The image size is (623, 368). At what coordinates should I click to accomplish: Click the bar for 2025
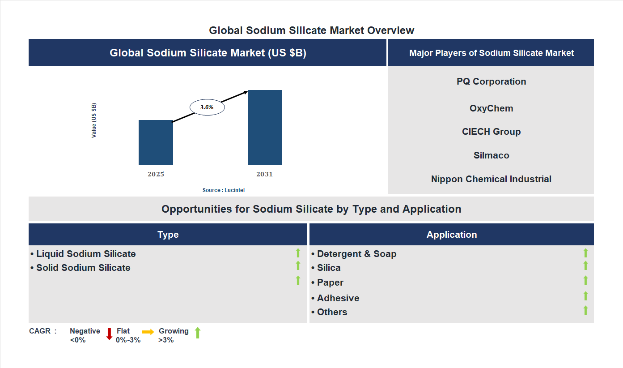click(156, 142)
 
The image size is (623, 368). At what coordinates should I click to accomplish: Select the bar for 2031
click(265, 128)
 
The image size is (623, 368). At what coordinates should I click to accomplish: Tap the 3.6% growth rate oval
click(207, 107)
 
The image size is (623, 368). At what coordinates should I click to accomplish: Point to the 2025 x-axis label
click(156, 174)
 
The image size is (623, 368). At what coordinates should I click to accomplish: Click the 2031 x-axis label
click(264, 174)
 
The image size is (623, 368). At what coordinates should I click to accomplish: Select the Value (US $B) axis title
click(94, 120)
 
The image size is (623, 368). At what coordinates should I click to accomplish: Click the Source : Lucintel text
click(224, 190)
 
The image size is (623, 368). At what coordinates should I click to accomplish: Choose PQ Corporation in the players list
click(491, 81)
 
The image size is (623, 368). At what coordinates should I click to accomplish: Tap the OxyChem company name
click(491, 108)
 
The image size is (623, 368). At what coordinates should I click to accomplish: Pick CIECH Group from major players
click(491, 132)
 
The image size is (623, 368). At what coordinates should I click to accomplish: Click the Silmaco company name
click(491, 155)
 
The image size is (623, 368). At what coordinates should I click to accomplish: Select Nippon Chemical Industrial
click(491, 179)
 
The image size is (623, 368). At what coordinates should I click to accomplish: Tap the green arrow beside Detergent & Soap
click(585, 253)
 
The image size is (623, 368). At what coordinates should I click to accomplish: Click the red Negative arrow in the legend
click(109, 334)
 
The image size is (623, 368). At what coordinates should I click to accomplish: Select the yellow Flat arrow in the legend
click(148, 332)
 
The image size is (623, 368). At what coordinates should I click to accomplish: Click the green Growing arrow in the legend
click(198, 333)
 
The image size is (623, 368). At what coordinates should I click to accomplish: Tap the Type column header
click(168, 235)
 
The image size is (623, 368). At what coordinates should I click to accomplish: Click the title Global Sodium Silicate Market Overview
click(311, 30)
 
